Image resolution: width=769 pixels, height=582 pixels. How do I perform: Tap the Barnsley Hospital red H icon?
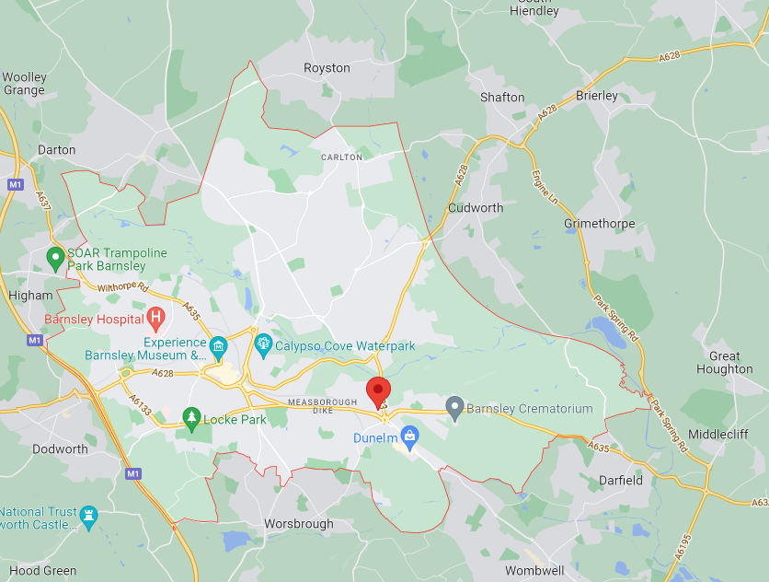pyautogui.click(x=156, y=320)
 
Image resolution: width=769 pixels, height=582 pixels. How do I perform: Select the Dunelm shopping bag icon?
pyautogui.click(x=410, y=435)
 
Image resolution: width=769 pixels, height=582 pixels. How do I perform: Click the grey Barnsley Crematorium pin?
pyautogui.click(x=453, y=406)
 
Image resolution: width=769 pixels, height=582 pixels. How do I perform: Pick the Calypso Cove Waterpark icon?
pyautogui.click(x=263, y=345)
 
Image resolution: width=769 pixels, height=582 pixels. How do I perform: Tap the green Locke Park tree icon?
pyautogui.click(x=191, y=418)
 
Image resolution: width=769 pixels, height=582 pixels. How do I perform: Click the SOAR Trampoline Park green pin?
pyautogui.click(x=55, y=258)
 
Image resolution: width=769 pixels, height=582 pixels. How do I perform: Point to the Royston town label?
pyautogui.click(x=327, y=68)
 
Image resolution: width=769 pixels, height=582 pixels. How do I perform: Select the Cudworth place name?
pyautogui.click(x=476, y=207)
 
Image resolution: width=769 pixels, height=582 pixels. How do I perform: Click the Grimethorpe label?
pyautogui.click(x=600, y=224)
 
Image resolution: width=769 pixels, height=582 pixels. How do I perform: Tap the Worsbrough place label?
pyautogui.click(x=299, y=523)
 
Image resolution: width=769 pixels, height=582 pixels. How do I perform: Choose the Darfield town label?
pyautogui.click(x=621, y=480)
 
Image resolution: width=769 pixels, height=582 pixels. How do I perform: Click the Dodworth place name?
pyautogui.click(x=60, y=449)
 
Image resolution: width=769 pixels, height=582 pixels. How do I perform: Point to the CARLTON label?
pyautogui.click(x=341, y=157)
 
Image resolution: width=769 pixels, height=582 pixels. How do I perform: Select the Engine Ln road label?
pyautogui.click(x=545, y=188)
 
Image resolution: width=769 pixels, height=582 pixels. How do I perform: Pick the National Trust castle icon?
pyautogui.click(x=88, y=515)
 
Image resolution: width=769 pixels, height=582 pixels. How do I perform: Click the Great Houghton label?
pyautogui.click(x=725, y=363)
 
